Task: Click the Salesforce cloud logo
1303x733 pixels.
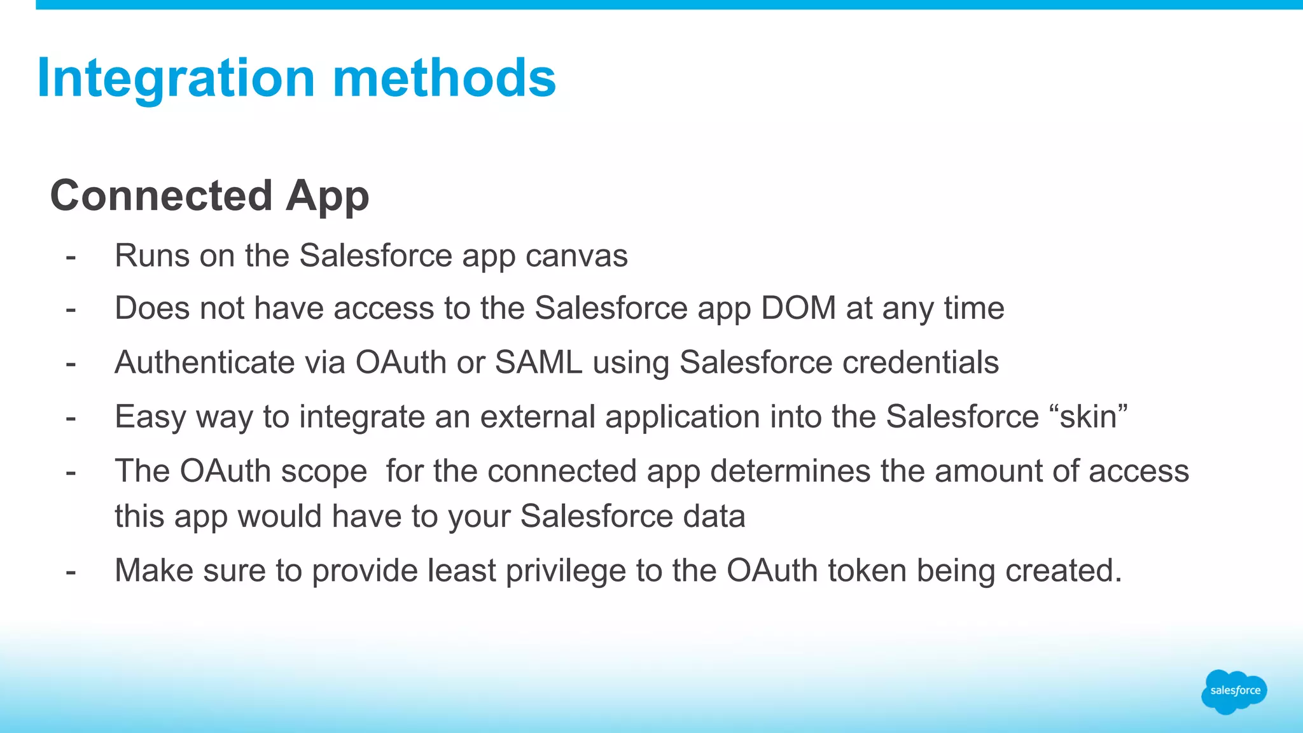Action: [1234, 691]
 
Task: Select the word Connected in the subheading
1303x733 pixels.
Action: [162, 195]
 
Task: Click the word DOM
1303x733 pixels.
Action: [798, 309]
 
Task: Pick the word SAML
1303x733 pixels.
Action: [538, 363]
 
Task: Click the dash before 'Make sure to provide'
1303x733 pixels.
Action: [71, 571]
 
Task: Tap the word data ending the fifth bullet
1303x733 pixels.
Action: [714, 516]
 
